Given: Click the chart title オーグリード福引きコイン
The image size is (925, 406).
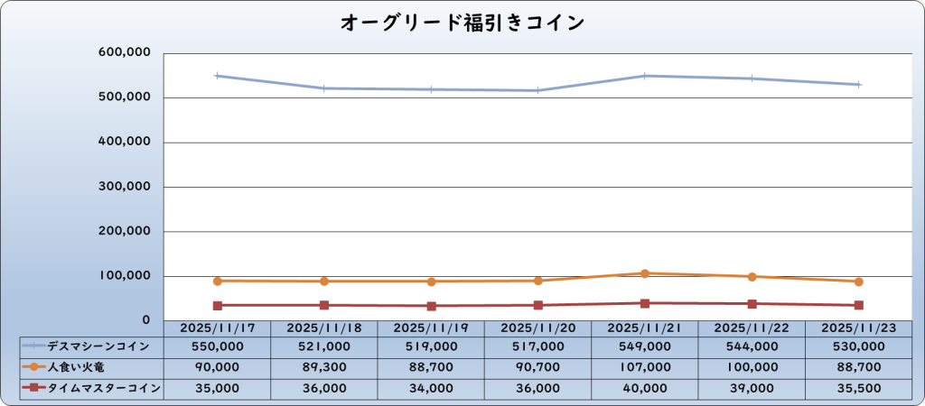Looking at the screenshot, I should coord(462,23).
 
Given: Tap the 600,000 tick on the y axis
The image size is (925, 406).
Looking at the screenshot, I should coord(123,53).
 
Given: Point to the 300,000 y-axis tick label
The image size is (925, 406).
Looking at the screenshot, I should coord(123,187).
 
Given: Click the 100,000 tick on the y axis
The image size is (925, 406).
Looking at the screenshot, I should coord(123,276).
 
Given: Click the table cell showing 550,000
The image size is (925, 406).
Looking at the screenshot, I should coord(216,346).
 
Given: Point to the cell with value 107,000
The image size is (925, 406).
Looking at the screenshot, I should coord(645,367).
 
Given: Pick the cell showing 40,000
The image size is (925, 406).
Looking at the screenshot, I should coord(645,389).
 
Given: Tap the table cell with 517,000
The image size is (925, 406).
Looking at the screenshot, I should coord(537,346).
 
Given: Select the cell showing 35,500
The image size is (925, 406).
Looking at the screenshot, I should coord(858,389).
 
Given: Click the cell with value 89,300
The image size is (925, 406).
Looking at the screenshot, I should coord(323,367).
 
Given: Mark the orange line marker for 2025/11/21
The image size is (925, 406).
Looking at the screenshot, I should coord(645,273).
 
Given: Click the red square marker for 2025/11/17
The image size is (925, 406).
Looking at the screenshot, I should coord(217,306).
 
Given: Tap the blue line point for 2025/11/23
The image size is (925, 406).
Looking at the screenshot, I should coord(858,85).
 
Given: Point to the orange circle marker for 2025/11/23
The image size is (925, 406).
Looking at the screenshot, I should coord(858,281).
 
